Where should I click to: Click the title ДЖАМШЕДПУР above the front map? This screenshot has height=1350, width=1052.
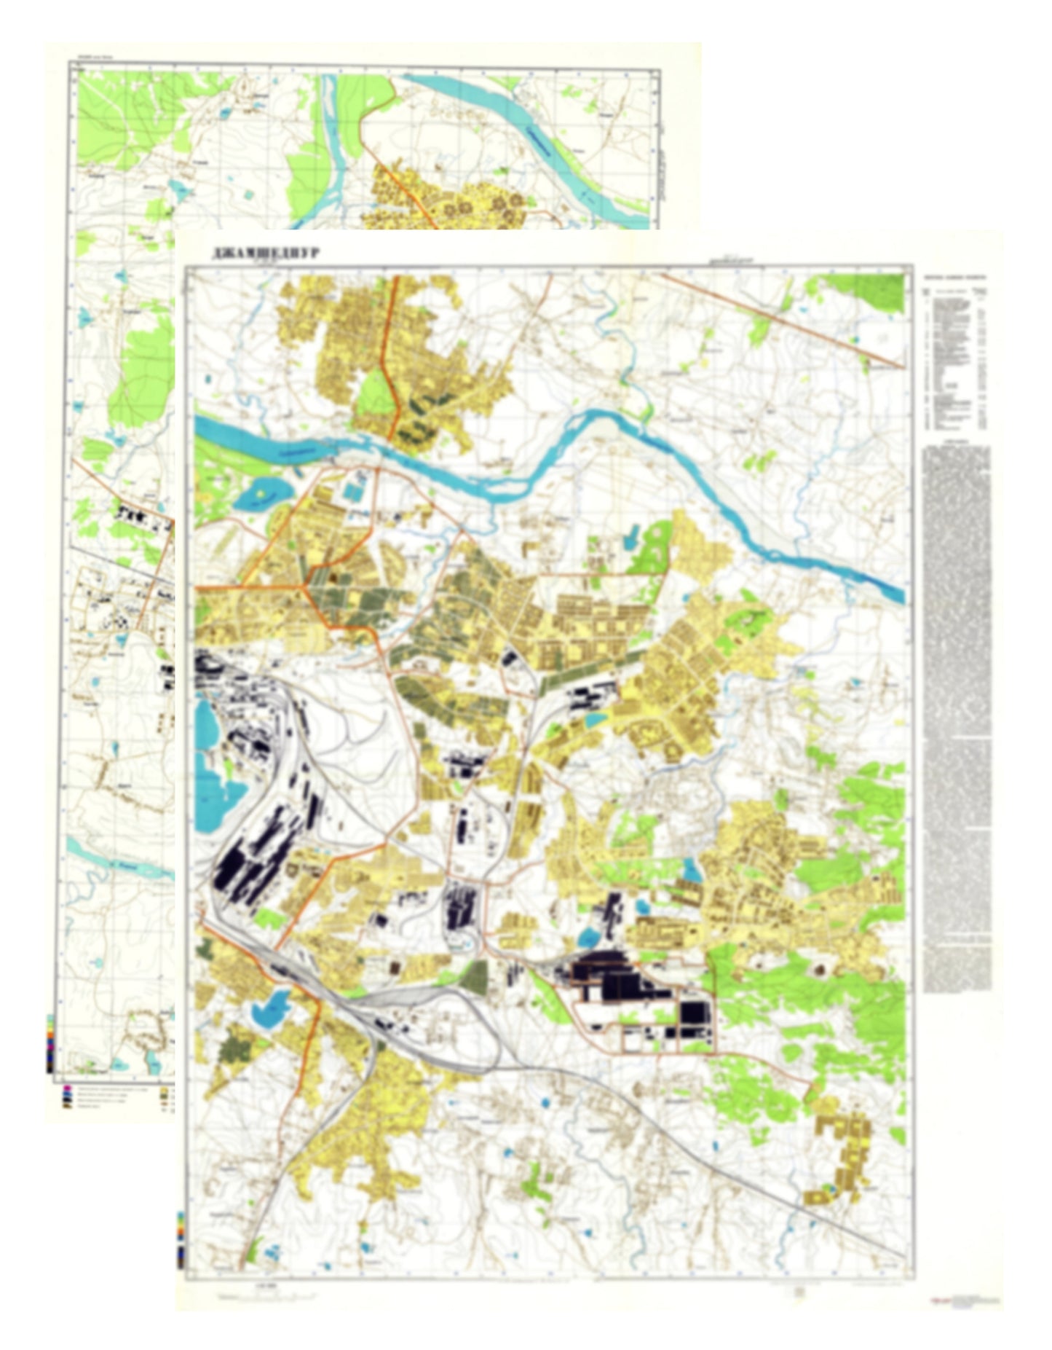pos(266,253)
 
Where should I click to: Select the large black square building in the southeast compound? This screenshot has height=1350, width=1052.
pos(692,1013)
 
